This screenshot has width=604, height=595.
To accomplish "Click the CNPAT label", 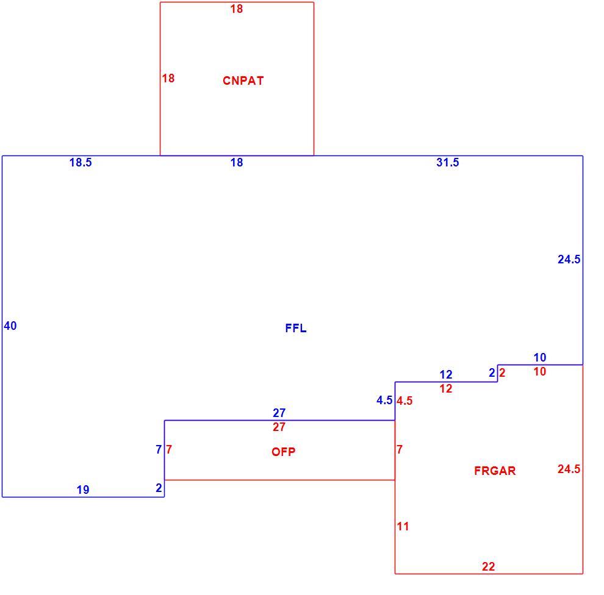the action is (243, 80).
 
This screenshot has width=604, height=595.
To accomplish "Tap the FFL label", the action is (296, 329).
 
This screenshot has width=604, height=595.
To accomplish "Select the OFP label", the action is (284, 452).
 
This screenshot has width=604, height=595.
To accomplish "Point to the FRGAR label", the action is (495, 471).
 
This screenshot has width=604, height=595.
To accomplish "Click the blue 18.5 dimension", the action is (81, 162).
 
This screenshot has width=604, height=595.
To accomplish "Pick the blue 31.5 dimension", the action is (448, 162).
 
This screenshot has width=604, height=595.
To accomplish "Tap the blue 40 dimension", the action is (10, 326).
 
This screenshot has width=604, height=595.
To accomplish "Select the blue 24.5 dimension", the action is (569, 260).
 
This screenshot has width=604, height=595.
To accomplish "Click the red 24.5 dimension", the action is (569, 469).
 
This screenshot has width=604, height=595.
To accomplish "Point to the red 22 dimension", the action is (489, 566).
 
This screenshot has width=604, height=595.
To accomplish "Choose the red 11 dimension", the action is (403, 526).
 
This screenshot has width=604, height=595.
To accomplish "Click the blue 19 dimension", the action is (83, 490).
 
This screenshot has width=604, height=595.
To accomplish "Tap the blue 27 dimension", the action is (279, 413).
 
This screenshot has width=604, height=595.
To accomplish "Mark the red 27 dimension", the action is (279, 427).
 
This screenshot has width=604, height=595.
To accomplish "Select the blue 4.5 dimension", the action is (384, 401).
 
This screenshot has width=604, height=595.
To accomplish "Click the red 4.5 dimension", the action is (404, 401).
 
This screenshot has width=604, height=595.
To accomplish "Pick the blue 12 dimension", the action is (446, 374).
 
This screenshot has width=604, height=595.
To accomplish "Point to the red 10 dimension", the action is (540, 371).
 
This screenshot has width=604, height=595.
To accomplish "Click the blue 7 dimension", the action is (159, 449).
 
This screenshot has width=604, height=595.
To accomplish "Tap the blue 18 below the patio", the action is (237, 162).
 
